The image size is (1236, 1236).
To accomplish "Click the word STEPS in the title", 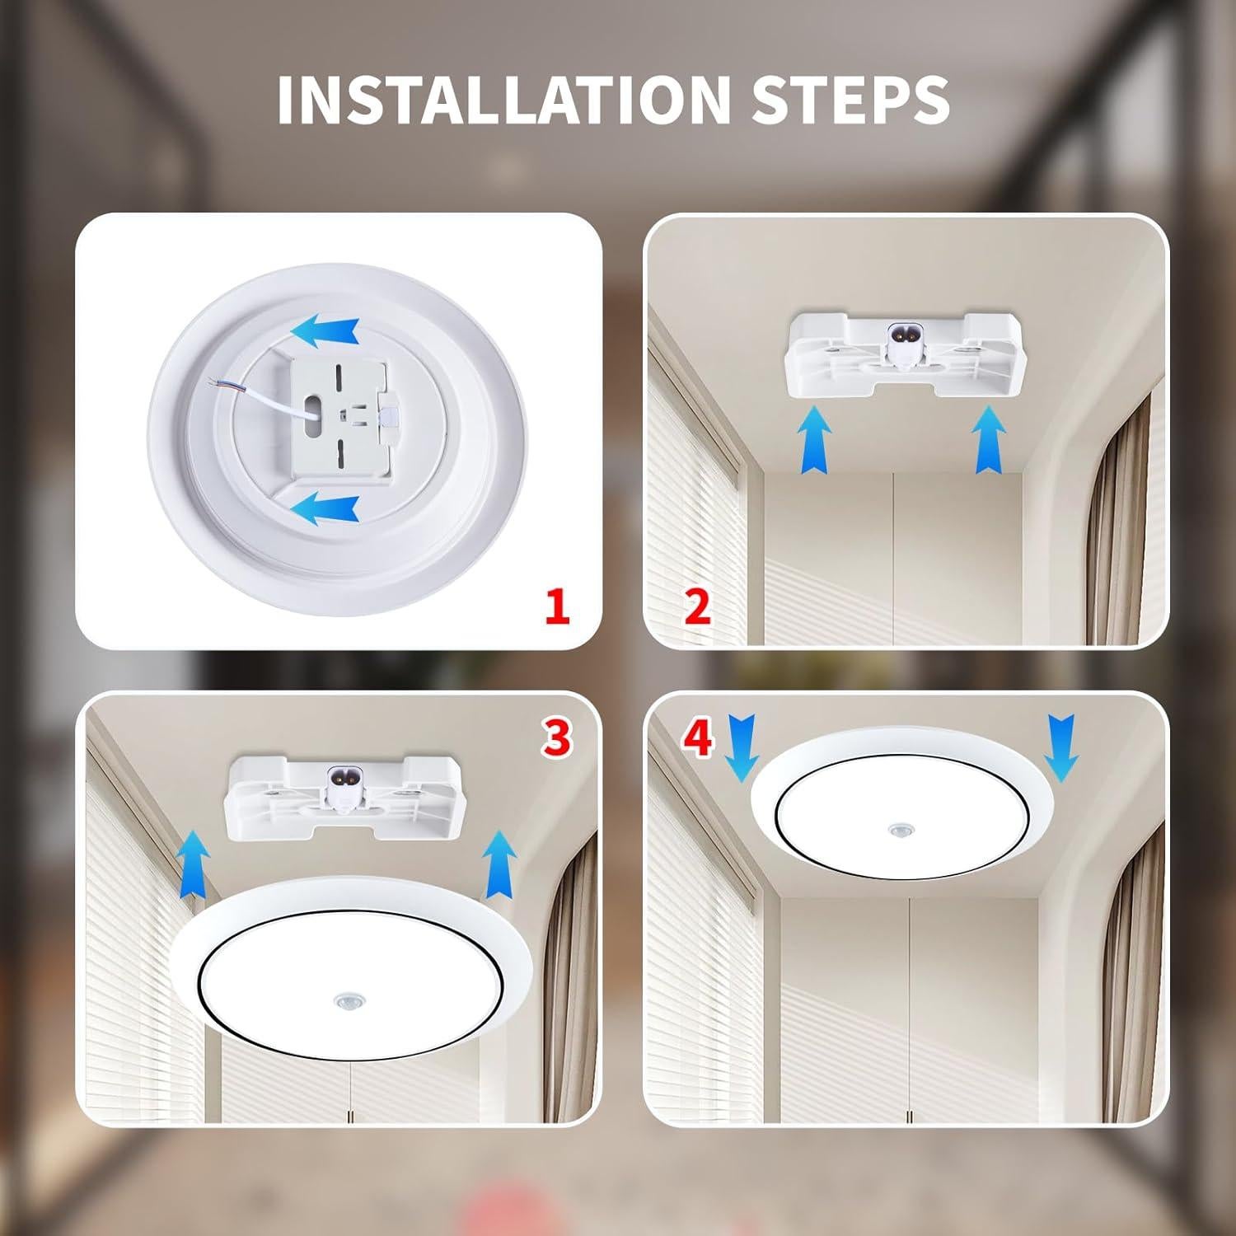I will click(x=850, y=99).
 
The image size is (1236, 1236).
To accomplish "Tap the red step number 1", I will click(x=557, y=608).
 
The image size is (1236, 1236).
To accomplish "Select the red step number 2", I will click(x=697, y=608).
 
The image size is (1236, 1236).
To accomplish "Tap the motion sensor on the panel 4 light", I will click(x=897, y=828).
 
